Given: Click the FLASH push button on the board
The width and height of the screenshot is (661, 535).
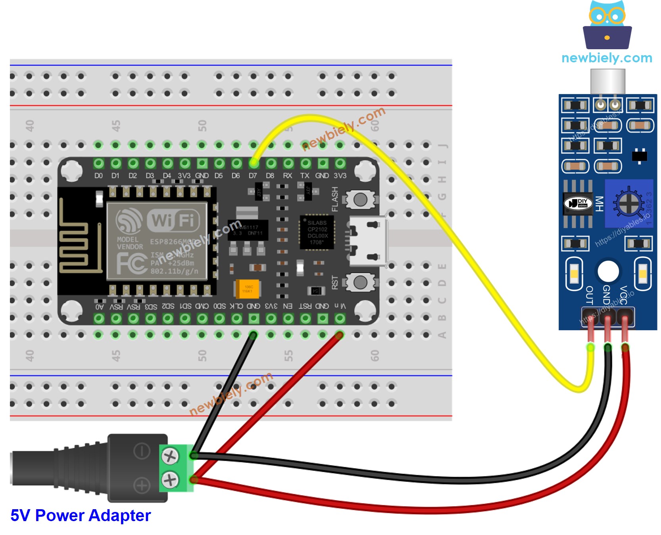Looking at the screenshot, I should pyautogui.click(x=360, y=199).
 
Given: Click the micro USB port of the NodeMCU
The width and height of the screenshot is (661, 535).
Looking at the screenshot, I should pyautogui.click(x=367, y=241).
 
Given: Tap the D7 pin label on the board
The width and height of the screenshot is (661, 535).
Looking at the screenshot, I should pyautogui.click(x=253, y=176).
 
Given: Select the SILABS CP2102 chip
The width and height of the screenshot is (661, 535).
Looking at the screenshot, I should pyautogui.click(x=317, y=233).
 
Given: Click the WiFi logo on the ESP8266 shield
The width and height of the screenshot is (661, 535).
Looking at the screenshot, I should pyautogui.click(x=173, y=220).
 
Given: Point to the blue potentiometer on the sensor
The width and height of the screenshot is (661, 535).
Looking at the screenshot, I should pyautogui.click(x=628, y=204).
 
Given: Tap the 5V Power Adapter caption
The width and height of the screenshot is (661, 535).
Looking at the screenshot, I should pyautogui.click(x=81, y=516).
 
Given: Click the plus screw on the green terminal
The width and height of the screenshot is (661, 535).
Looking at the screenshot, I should pyautogui.click(x=170, y=480).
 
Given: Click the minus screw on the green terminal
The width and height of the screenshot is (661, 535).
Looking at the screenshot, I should pyautogui.click(x=170, y=456).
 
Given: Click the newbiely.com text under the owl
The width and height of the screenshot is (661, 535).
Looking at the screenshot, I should pyautogui.click(x=607, y=58).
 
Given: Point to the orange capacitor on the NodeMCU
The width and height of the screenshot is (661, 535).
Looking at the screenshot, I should pyautogui.click(x=248, y=289).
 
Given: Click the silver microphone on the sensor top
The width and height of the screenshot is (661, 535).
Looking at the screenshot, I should pyautogui.click(x=607, y=81).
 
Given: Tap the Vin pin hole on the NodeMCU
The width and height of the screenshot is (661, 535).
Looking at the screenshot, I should pyautogui.click(x=340, y=318).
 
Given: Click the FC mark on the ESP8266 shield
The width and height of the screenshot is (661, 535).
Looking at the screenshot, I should pyautogui.click(x=132, y=263).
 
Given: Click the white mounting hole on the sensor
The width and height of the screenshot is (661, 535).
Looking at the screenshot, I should pyautogui.click(x=608, y=271).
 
